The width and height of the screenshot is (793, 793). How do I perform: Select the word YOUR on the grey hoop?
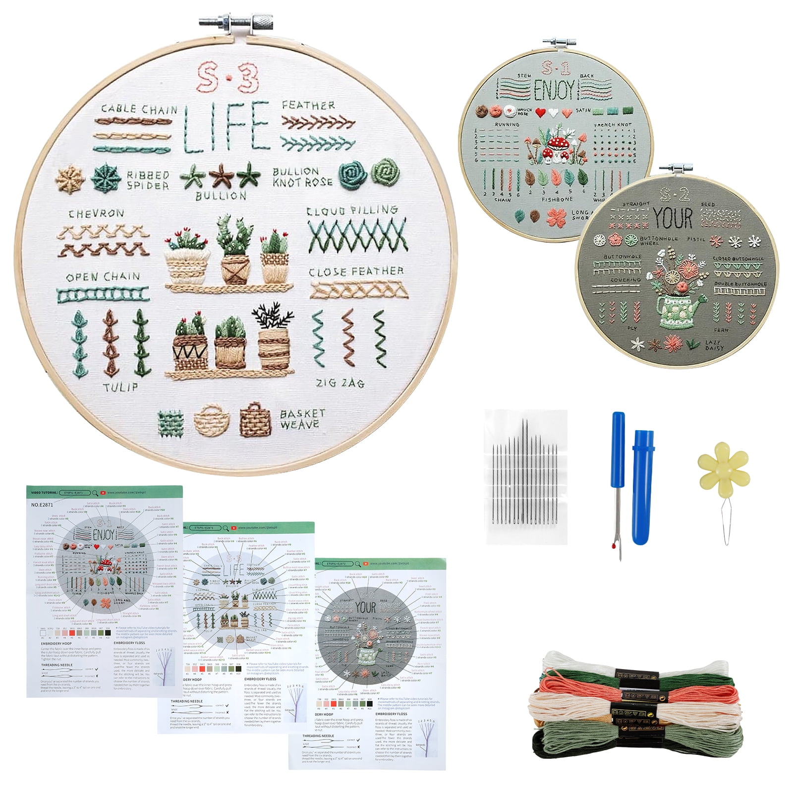(x=673, y=218)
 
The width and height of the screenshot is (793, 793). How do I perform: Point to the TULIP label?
(x=120, y=387)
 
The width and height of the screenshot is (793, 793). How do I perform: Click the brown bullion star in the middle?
(x=219, y=176)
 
